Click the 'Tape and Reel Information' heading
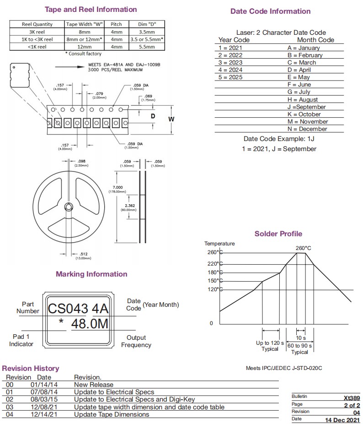pos(91,9)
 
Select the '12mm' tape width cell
pos(85,46)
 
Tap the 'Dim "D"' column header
pos(147,24)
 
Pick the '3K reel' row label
pos(37,32)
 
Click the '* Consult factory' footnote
pos(85,54)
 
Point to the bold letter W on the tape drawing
pos(171,119)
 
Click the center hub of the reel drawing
pos(69,207)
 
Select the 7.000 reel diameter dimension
pos(117,187)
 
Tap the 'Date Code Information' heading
pos(270,11)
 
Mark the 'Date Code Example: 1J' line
pos(278,139)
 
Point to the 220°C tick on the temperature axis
pos(214,264)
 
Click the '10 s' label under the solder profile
pos(300,337)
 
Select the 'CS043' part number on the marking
pos(68,308)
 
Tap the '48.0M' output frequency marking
pos(90,324)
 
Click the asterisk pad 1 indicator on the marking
pos(61,322)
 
